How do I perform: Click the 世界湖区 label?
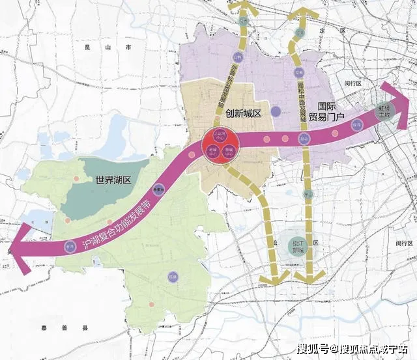click(113, 180)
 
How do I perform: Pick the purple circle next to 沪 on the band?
click(70, 247)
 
